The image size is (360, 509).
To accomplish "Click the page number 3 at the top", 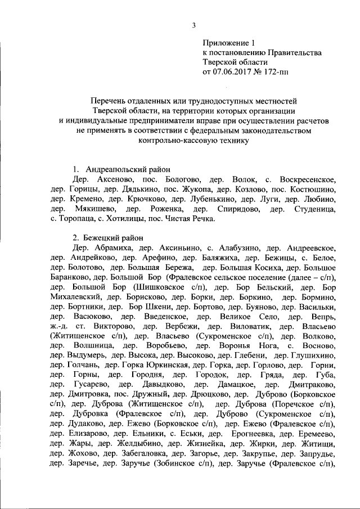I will tap(193, 25).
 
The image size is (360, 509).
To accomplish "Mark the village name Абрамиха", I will tap(112, 247).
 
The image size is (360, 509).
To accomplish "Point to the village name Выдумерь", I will tap(86, 355).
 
